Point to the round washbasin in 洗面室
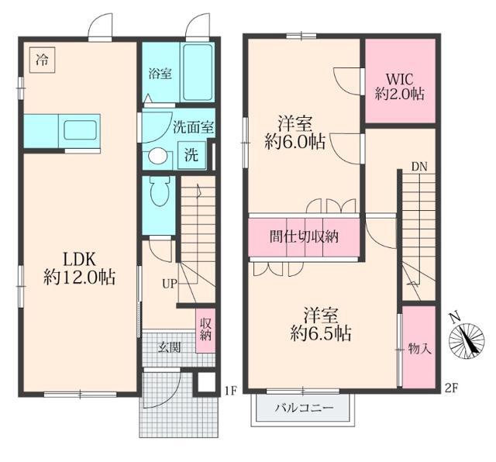157,155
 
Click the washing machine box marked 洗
191,153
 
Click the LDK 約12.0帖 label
80,267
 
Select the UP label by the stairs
168,284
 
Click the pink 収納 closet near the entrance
205,329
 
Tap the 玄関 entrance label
170,348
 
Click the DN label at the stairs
418,167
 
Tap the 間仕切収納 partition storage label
304,237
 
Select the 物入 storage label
419,349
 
